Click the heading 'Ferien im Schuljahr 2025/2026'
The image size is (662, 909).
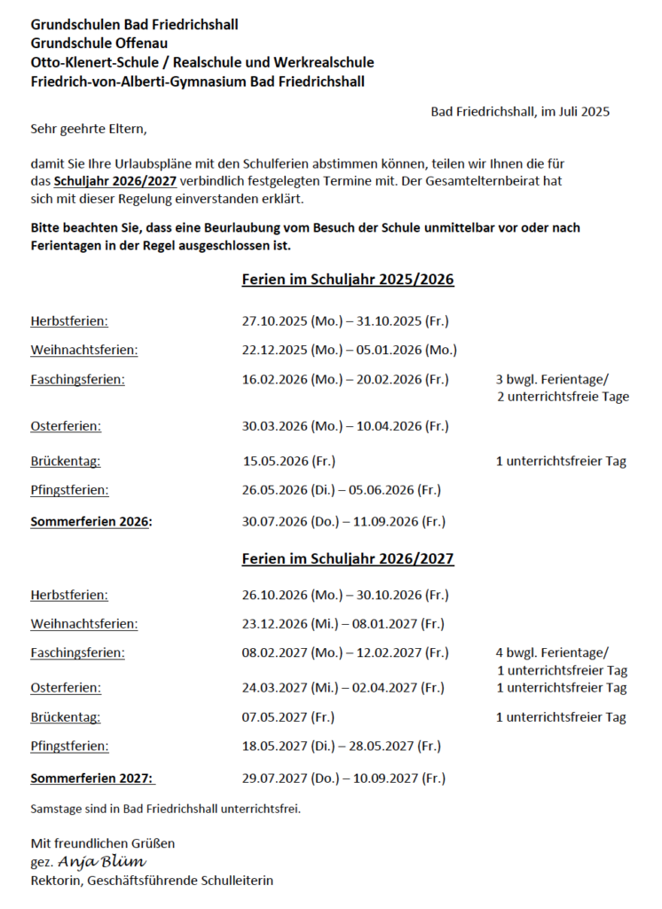point(347,280)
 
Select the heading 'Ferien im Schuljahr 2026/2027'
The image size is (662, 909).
point(347,559)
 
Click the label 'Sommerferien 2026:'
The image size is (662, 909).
point(91,522)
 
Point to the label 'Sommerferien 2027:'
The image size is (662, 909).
point(92,779)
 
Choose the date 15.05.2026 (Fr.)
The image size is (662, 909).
point(288,462)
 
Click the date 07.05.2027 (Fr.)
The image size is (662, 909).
point(288,717)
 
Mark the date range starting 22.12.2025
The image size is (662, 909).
point(349,350)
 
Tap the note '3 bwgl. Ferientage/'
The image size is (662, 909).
point(552,380)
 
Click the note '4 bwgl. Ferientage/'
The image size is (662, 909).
point(552,653)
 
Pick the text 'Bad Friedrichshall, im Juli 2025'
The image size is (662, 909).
point(520,112)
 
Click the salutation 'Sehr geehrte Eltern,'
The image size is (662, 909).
point(88,129)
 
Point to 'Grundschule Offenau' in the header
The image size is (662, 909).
point(99,43)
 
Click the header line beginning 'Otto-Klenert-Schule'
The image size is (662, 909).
point(202,62)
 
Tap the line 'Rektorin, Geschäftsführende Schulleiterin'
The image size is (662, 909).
point(152,881)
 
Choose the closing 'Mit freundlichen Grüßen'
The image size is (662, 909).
point(102,842)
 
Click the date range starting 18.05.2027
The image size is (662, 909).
point(341,747)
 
